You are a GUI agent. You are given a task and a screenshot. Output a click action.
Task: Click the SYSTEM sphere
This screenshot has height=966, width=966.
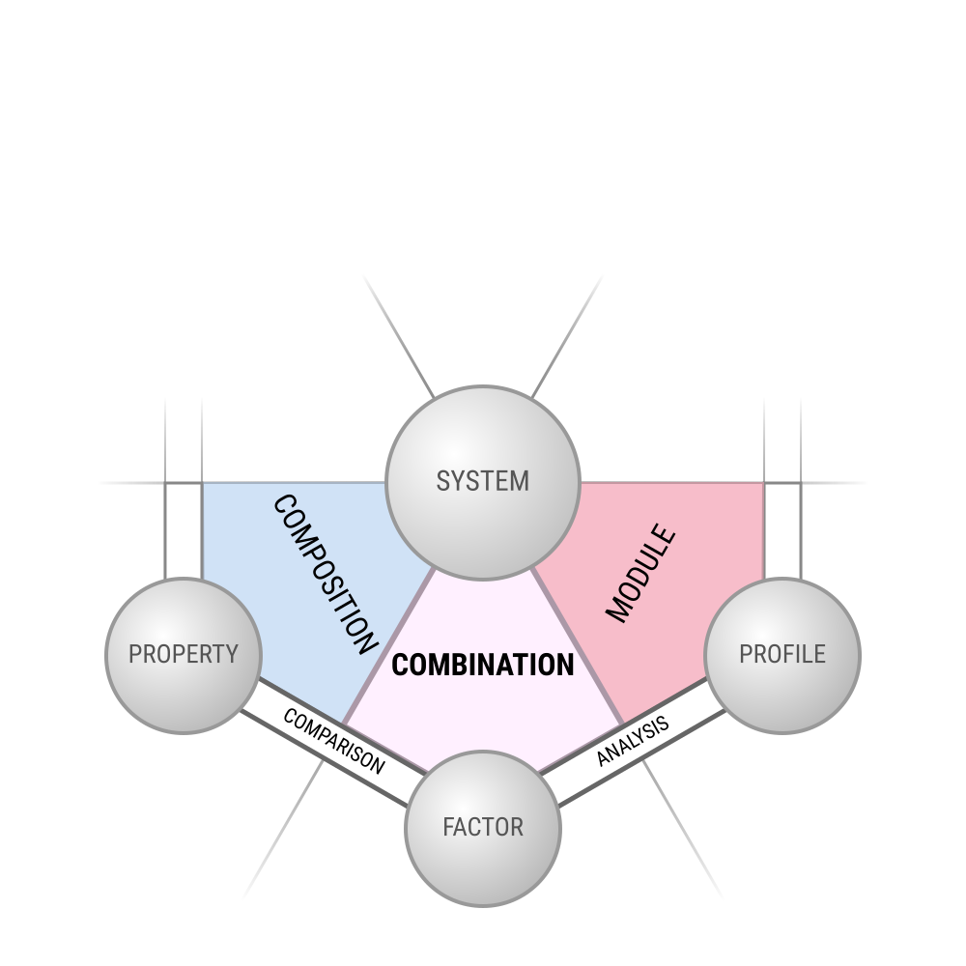pos(483,483)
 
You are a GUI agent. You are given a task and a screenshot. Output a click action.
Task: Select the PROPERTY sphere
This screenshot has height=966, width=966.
pos(184,656)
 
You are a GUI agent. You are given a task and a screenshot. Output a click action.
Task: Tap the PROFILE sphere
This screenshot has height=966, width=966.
pos(782,656)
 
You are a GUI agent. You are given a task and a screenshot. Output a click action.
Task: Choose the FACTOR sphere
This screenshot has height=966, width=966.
pos(483,828)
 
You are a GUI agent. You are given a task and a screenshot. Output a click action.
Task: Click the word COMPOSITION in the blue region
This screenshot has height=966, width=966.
pos(325,574)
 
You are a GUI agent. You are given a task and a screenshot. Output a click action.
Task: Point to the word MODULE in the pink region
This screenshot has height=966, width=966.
pos(640,573)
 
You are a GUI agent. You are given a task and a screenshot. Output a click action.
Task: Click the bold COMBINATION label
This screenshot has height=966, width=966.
pos(483,666)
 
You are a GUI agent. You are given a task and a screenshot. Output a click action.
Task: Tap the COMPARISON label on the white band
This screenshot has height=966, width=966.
pos(334,742)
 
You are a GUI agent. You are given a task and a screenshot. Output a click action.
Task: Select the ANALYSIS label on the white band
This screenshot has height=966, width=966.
pos(633,741)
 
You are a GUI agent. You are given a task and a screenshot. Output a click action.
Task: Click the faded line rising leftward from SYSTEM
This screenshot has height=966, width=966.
pos(399,336)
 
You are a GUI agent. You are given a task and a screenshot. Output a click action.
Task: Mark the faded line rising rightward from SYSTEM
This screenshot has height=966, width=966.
pos(567,336)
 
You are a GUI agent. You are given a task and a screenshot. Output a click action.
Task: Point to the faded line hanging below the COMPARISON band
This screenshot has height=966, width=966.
pos(283,829)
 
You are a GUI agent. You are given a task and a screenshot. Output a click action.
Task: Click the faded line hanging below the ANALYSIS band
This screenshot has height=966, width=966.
pos(683,829)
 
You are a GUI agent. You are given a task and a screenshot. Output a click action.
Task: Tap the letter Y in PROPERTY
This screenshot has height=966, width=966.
pos(232,654)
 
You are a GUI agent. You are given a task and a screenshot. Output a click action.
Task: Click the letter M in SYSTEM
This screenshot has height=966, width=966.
pos(520,481)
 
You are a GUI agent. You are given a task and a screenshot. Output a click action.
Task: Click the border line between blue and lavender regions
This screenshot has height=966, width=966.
pos(388,646)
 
